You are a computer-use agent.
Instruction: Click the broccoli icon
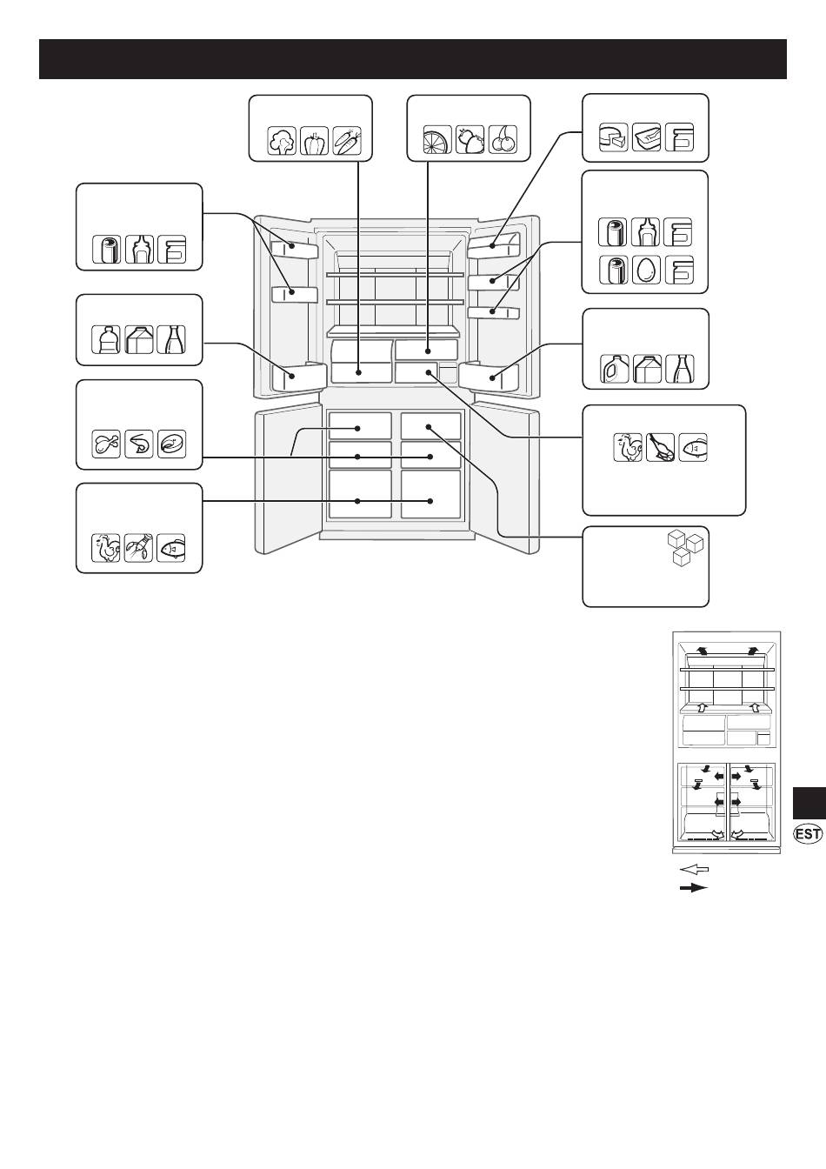tap(282, 140)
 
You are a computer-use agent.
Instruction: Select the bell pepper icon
tap(314, 140)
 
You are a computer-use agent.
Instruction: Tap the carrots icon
tap(347, 140)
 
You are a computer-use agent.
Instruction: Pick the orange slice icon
tap(437, 139)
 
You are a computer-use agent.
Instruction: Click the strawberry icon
tap(470, 139)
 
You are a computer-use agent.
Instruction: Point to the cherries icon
tap(503, 139)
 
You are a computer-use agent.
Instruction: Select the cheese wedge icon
tap(613, 137)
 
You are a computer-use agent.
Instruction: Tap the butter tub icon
tap(646, 137)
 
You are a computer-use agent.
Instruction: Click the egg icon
tap(646, 270)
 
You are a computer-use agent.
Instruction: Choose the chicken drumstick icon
tap(106, 444)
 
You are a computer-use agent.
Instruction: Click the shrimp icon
tap(139, 444)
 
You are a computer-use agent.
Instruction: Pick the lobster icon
tap(139, 548)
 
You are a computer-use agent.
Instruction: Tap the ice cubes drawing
tap(686, 549)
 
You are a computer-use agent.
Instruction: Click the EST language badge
tap(808, 834)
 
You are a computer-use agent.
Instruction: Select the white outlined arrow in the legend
tap(695, 870)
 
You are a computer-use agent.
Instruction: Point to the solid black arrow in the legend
tap(694, 888)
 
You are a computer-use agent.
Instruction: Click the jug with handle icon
tap(614, 369)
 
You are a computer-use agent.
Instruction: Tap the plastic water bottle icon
tap(106, 340)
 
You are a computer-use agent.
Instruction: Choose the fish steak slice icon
tap(171, 444)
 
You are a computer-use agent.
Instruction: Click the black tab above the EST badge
tap(809, 803)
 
